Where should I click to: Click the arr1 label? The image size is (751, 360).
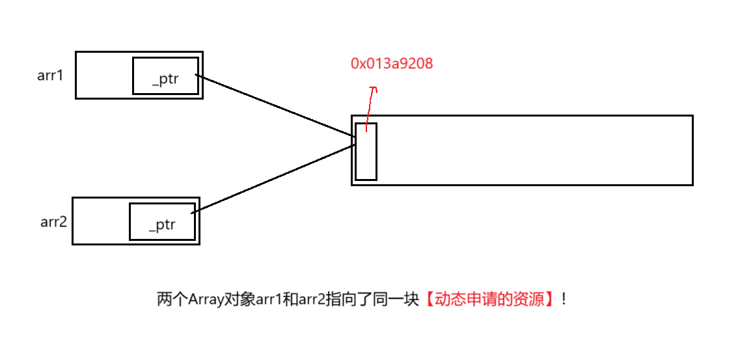pos(50,75)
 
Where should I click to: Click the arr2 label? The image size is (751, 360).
pos(53,221)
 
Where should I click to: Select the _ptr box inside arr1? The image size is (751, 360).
pos(165,76)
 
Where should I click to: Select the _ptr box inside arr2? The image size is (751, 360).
pos(162,222)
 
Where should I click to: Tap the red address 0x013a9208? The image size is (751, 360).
pos(392,63)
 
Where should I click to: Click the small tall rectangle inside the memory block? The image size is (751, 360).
pos(366,151)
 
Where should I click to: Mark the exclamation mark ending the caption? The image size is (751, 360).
pos(564,300)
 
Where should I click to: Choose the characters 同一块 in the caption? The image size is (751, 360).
pos(396,300)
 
